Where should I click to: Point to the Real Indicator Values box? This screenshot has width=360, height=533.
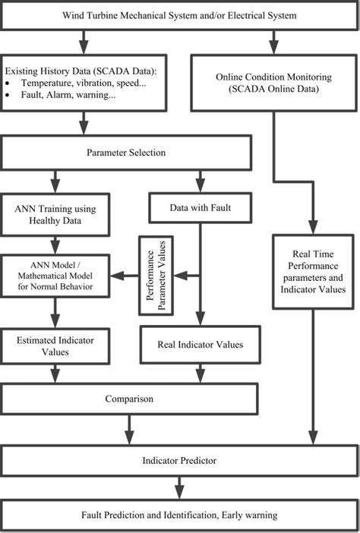point(201,344)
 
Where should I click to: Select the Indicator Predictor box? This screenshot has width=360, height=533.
point(179,461)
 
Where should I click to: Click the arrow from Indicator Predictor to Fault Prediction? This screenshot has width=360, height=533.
point(180,487)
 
